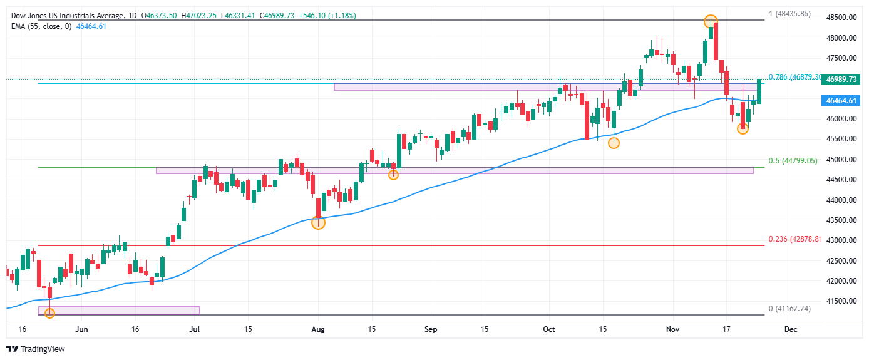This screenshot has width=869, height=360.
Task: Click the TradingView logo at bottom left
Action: (36, 349)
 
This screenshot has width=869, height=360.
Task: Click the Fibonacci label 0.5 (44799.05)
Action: (793, 161)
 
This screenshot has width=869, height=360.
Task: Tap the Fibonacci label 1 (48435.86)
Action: (789, 13)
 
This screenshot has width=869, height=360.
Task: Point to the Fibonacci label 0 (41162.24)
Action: (789, 309)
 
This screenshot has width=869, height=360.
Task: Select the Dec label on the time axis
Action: (790, 329)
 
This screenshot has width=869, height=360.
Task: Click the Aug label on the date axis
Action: (318, 329)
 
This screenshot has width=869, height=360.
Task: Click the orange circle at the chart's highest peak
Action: (710, 21)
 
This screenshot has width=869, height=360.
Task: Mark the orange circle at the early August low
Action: (318, 223)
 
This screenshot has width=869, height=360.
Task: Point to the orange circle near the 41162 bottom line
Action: (50, 312)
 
